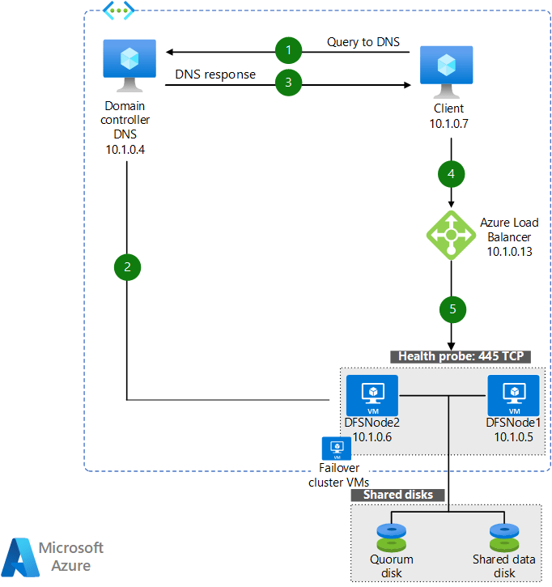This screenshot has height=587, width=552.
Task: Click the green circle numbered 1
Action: [288, 51]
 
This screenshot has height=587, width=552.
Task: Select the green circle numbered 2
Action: [127, 266]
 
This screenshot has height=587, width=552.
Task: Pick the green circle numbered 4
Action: [452, 172]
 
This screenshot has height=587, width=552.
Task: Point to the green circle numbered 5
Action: [452, 308]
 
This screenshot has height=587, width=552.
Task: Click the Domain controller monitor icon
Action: [128, 67]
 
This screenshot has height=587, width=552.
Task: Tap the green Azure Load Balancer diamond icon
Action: [451, 235]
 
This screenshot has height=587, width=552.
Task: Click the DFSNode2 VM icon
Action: [373, 394]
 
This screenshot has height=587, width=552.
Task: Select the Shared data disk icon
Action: [504, 538]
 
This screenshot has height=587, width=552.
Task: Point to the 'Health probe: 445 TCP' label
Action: [461, 356]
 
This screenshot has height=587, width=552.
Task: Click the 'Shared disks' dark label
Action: [397, 495]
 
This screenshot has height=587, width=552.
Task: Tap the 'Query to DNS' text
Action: [363, 42]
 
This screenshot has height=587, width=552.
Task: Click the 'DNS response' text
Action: [215, 74]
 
